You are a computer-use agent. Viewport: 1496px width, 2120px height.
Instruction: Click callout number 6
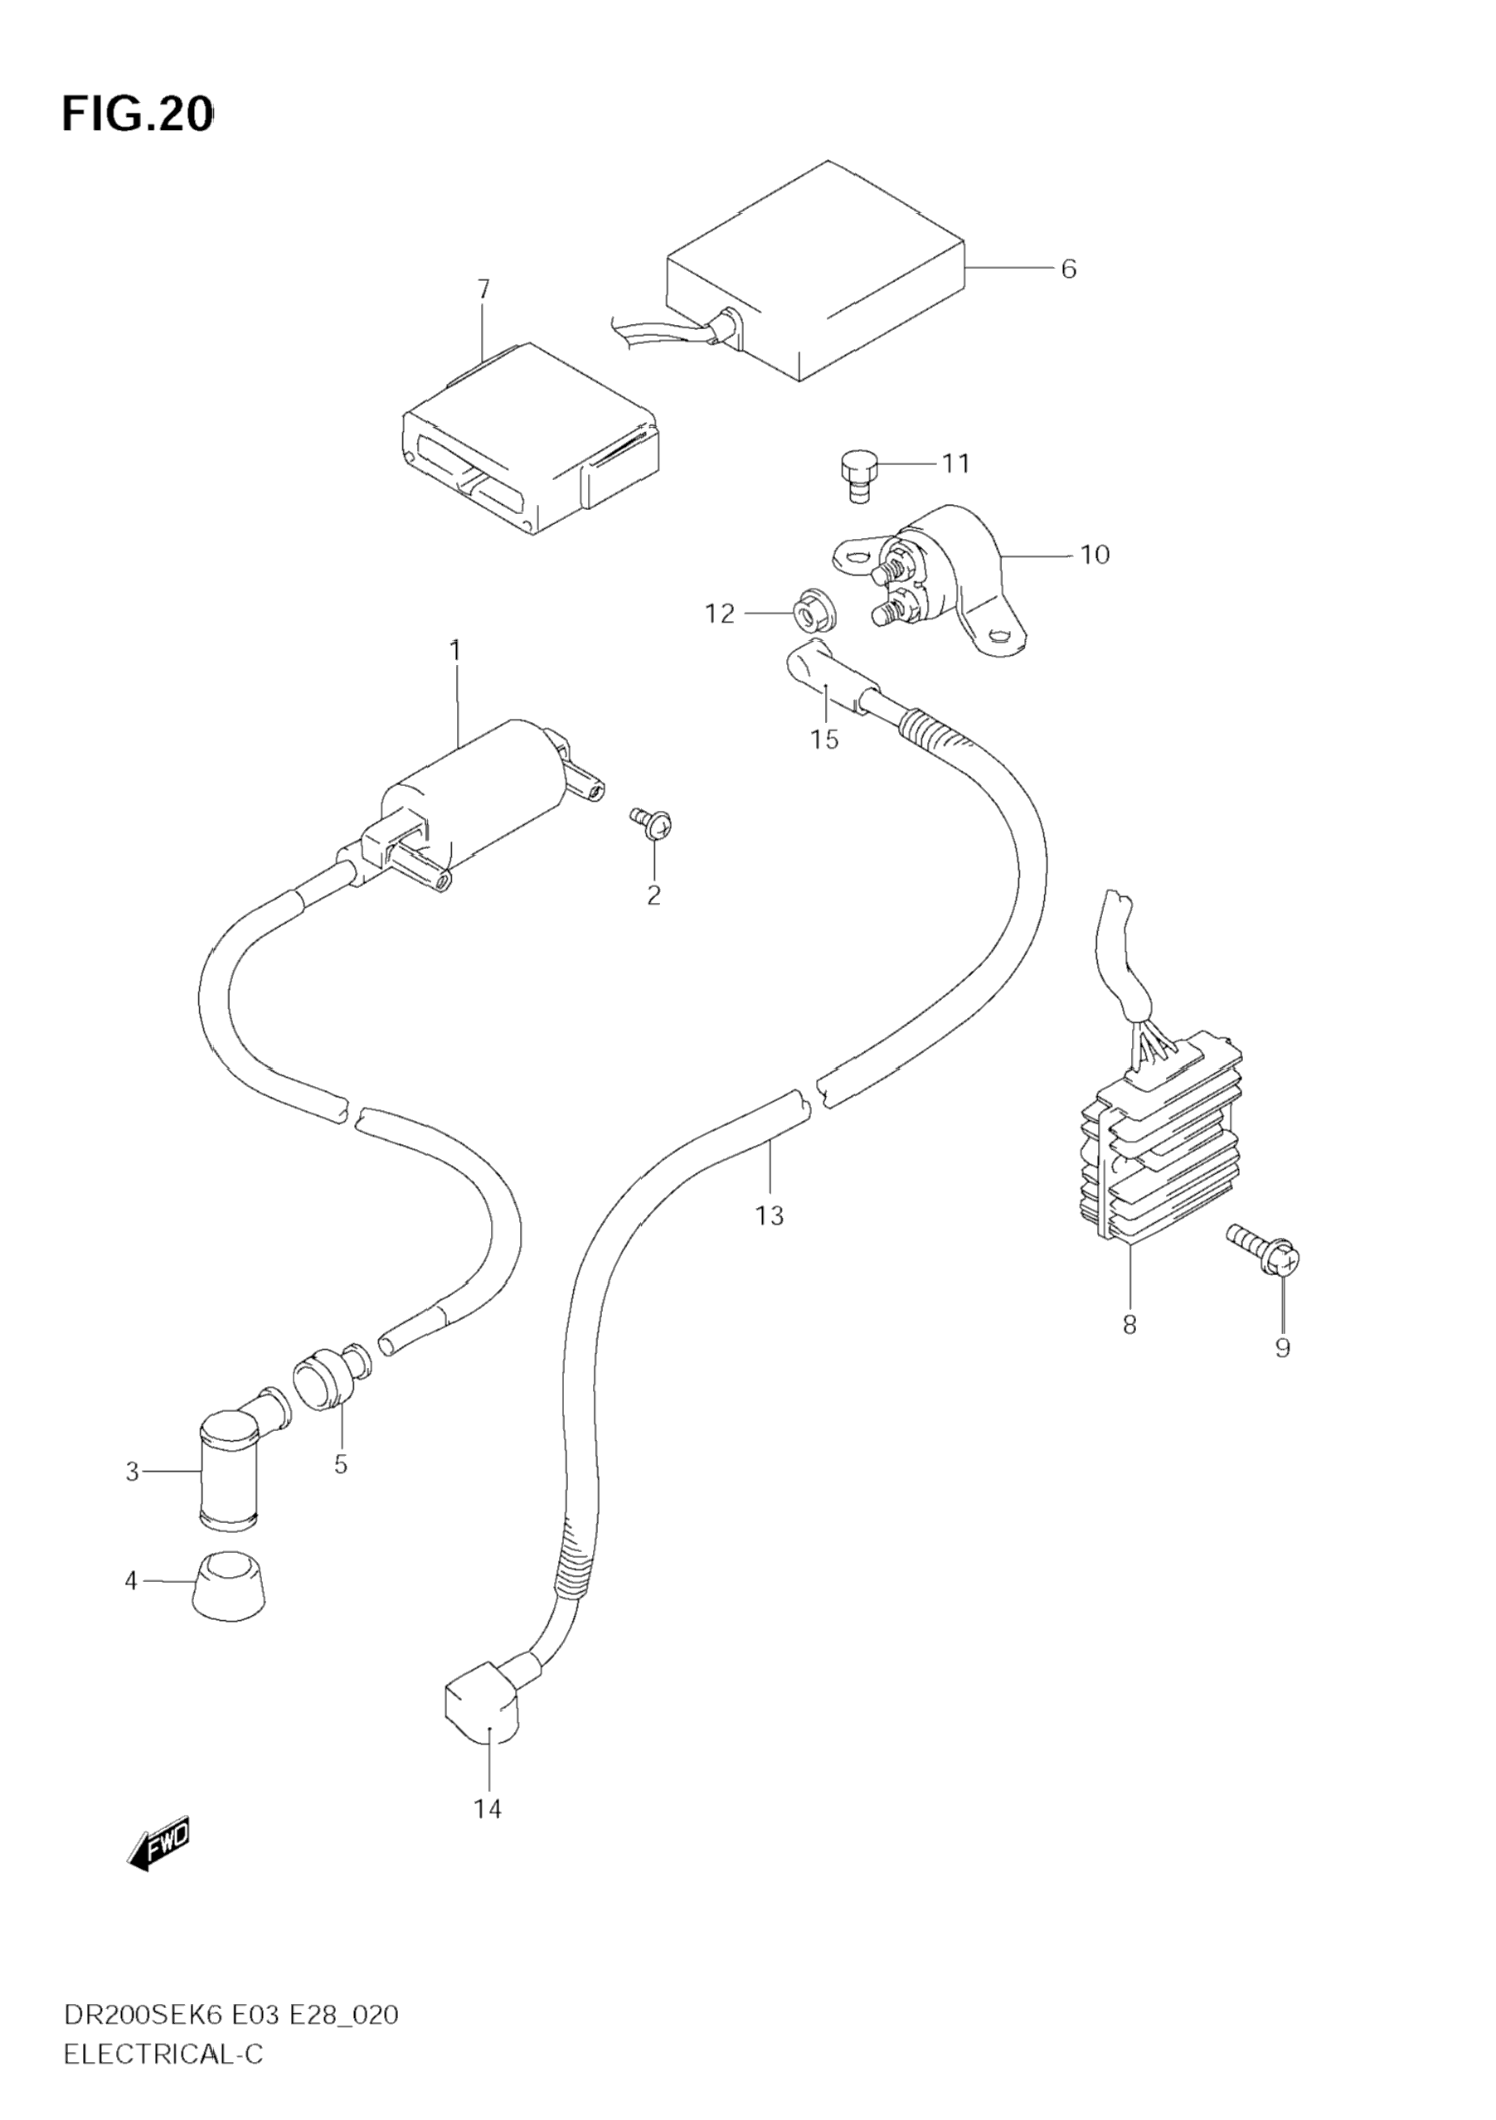(1068, 269)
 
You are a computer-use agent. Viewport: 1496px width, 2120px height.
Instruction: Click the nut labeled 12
(810, 611)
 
